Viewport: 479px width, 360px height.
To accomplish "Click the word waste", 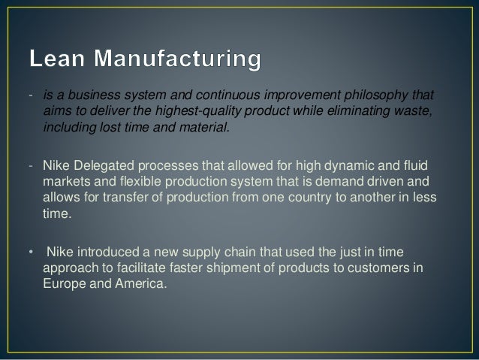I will pos(416,112).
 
